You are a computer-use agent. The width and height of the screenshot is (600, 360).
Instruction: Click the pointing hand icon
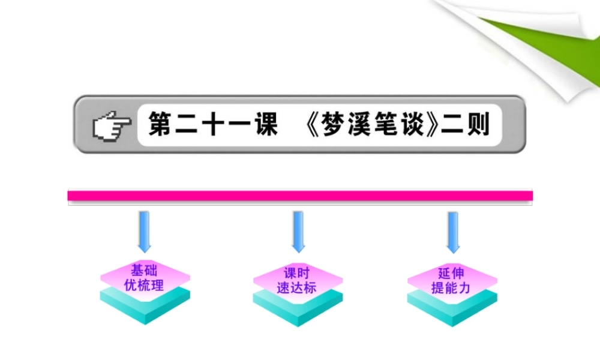(112, 125)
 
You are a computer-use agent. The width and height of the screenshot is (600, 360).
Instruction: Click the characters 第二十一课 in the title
(213, 125)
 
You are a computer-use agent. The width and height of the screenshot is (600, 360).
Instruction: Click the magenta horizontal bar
(300, 196)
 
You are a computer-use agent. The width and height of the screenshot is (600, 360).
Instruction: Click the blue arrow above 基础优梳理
(144, 231)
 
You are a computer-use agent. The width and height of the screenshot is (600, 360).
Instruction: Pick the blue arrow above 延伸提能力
(453, 231)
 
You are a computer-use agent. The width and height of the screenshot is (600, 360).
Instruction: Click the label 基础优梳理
(144, 278)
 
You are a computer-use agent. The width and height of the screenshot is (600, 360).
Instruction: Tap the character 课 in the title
(264, 125)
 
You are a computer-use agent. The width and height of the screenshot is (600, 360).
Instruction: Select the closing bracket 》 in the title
(434, 125)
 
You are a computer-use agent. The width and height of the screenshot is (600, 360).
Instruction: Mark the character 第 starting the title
(161, 125)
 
